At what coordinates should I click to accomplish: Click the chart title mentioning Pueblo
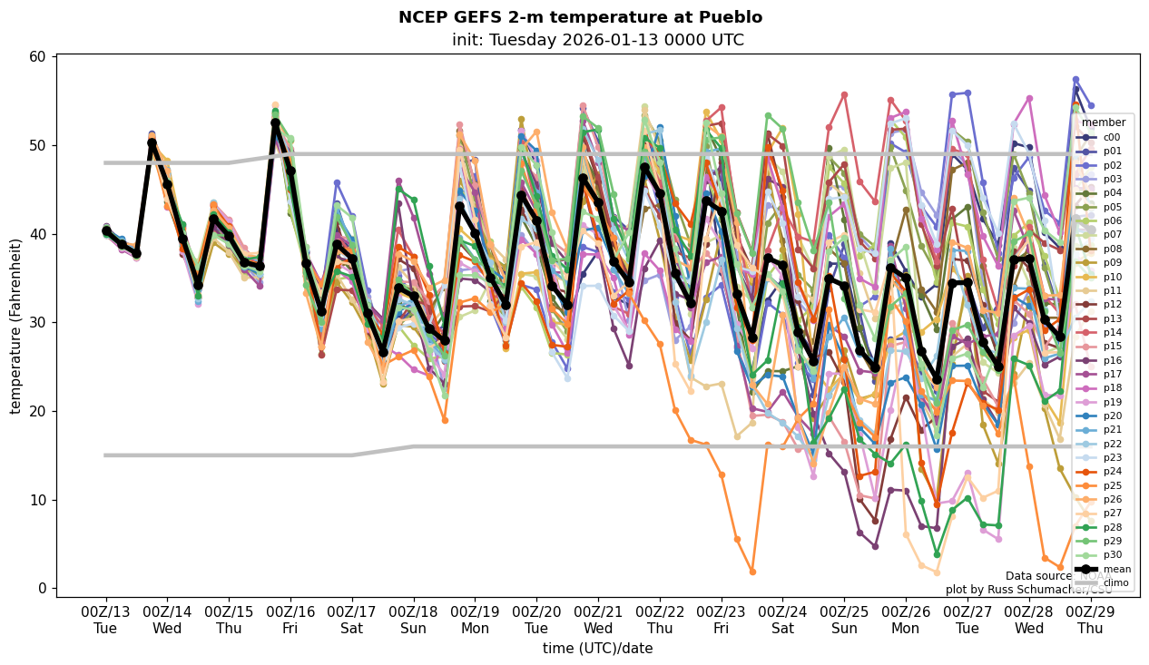pos(580,17)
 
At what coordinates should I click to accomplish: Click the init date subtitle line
pos(597,40)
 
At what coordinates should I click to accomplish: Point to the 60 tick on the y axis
pos(38,57)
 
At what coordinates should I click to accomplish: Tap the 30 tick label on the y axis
pos(38,323)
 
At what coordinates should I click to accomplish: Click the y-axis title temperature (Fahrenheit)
pos(15,326)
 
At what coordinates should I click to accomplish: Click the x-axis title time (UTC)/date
pos(597,648)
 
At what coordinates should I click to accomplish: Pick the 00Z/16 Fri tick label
pos(290,620)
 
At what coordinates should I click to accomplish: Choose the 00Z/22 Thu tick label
pos(660,620)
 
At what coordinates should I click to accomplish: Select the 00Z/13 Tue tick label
pos(105,620)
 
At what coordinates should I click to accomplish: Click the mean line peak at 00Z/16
pos(275,123)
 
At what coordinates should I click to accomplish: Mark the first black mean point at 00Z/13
pos(106,231)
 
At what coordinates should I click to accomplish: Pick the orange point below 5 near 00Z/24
pos(752,572)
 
